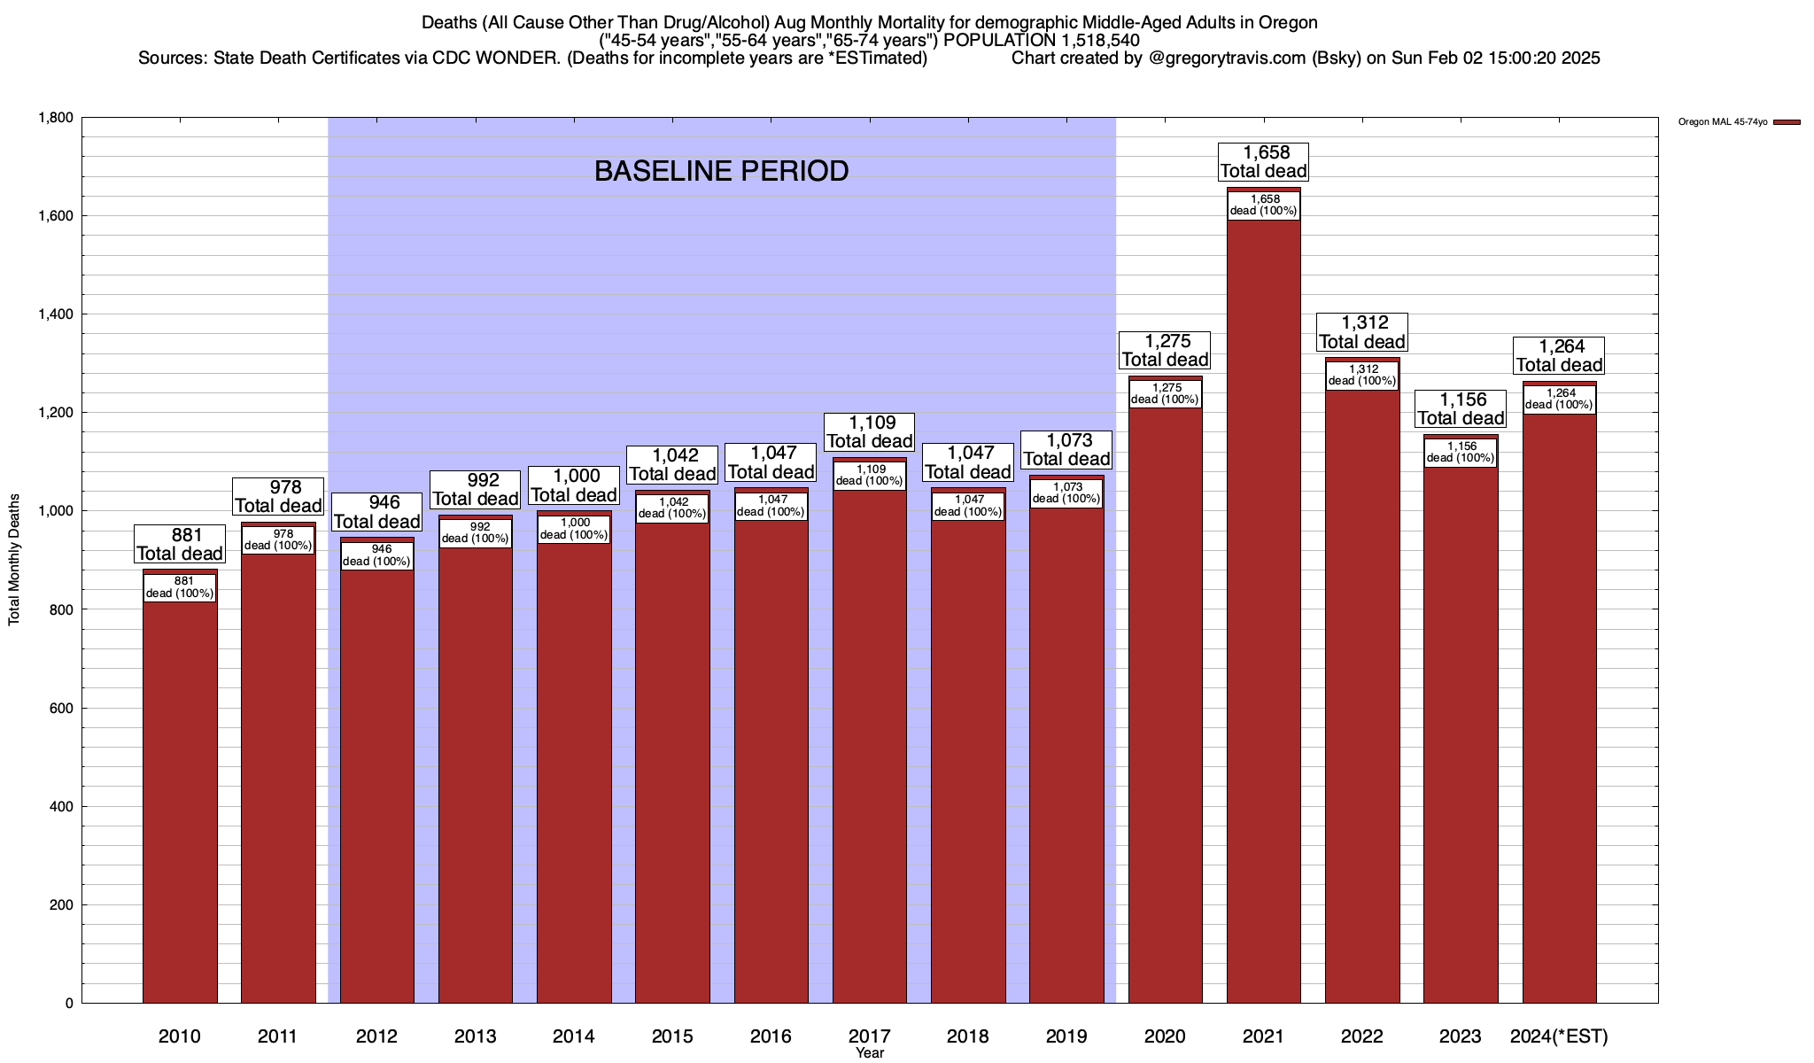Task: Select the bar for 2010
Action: click(180, 797)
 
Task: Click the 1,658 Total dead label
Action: click(1263, 162)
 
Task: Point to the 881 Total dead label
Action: click(180, 545)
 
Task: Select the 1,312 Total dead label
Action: click(1362, 332)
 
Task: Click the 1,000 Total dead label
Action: click(574, 485)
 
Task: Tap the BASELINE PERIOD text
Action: click(721, 171)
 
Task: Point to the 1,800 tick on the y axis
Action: click(55, 118)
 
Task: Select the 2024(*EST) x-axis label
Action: click(1559, 1036)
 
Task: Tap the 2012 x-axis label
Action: click(376, 1036)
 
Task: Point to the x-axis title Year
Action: click(870, 1053)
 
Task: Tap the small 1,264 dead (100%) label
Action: click(1559, 399)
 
